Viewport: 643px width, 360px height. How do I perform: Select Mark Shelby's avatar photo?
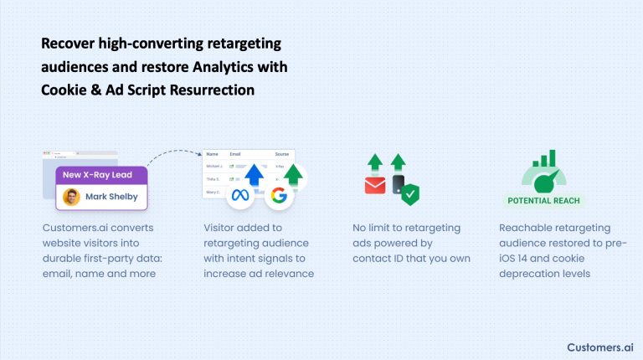pos(72,198)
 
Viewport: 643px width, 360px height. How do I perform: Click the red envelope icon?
pos(375,185)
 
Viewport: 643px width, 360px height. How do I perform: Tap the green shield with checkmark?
pos(410,195)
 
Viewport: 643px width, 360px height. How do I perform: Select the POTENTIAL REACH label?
pos(544,201)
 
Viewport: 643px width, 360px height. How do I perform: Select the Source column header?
pos(282,154)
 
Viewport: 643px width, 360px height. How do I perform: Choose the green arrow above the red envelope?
pos(373,162)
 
